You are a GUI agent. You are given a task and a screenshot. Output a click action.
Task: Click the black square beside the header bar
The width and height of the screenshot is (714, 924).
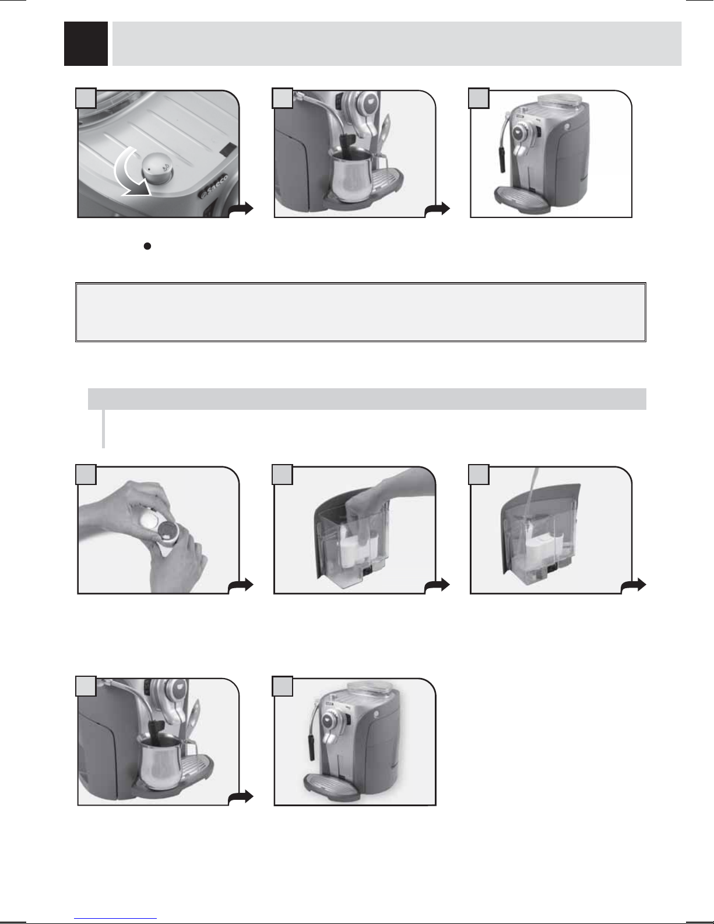coord(86,43)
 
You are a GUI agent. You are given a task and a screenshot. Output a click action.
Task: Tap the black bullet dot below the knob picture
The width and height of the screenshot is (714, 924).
coord(147,246)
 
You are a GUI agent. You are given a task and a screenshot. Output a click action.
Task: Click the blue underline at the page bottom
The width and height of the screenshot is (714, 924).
coord(115,919)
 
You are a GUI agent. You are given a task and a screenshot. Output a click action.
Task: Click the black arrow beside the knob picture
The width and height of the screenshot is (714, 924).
coord(241,210)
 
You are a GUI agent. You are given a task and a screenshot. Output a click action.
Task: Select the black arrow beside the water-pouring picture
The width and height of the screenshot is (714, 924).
coord(634,585)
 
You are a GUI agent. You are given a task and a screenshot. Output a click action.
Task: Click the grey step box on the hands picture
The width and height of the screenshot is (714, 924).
coord(86,475)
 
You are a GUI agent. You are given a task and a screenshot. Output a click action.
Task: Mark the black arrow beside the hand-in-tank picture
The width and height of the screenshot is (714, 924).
coord(437,585)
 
